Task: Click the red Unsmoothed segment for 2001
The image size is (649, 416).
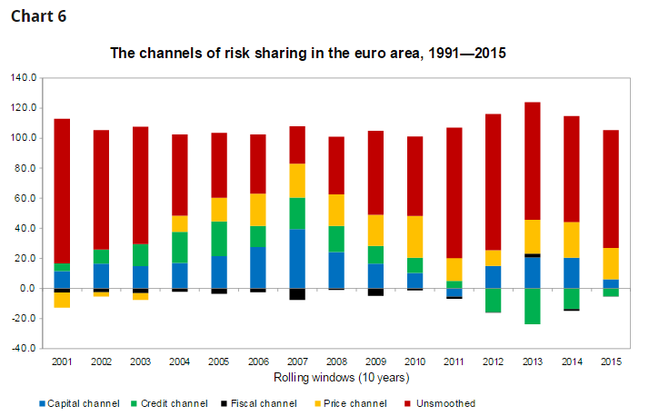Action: pos(62,191)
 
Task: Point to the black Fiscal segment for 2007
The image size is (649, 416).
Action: pos(296,294)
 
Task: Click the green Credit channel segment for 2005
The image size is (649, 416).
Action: pos(218,238)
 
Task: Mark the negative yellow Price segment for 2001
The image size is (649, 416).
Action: pos(62,300)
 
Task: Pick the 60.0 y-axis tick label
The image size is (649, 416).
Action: pos(25,198)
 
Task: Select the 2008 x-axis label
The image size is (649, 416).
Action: pos(335,362)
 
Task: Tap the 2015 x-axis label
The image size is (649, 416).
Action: pos(610,362)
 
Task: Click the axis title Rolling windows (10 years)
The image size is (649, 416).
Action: pos(335,376)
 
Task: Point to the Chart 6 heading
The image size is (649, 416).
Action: pos(38,17)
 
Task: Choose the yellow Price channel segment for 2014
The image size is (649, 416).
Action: pos(571,240)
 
